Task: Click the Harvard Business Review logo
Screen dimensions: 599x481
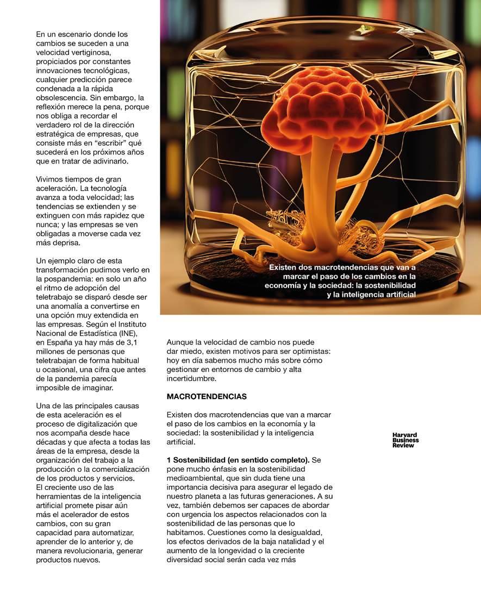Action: pos(405,440)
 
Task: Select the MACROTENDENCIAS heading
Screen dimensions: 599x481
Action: pos(207,397)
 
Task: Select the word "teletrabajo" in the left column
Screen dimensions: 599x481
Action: pos(56,296)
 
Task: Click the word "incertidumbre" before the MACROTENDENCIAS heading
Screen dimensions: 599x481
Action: pos(191,379)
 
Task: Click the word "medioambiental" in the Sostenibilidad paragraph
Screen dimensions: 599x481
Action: pos(194,478)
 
